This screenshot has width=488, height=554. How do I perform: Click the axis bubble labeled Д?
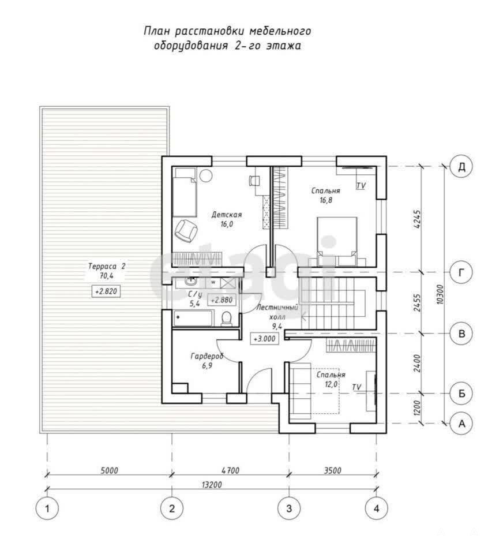click(461, 166)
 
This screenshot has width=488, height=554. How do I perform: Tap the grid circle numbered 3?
click(289, 508)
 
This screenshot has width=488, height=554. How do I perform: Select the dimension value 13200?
click(212, 484)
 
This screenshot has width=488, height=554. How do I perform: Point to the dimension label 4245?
click(417, 219)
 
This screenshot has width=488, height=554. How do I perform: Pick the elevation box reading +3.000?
click(265, 339)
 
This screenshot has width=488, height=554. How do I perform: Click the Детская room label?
click(226, 215)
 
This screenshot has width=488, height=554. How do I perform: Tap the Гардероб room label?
click(207, 356)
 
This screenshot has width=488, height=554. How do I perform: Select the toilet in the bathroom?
click(226, 318)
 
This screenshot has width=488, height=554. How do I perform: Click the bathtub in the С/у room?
click(193, 318)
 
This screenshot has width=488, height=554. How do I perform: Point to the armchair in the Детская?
click(186, 231)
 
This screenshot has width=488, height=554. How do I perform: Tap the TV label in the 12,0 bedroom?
click(356, 387)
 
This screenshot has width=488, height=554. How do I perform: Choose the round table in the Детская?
click(205, 174)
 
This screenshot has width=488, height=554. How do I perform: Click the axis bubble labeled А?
click(461, 423)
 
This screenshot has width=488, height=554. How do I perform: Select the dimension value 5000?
click(110, 470)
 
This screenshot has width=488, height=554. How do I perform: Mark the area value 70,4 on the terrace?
click(106, 276)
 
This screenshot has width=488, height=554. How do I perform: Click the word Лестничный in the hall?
click(277, 308)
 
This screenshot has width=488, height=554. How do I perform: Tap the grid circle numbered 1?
click(47, 508)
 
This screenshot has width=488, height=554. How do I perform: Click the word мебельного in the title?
click(280, 31)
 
